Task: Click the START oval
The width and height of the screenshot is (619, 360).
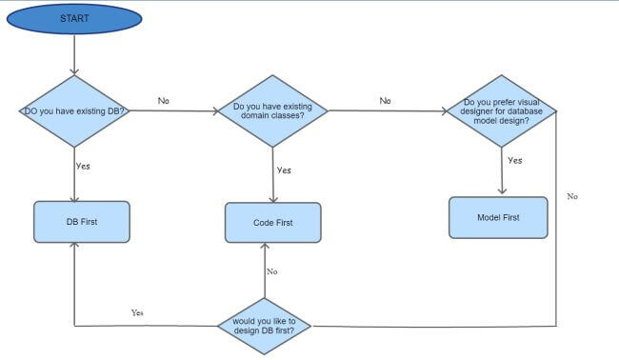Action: coord(74,19)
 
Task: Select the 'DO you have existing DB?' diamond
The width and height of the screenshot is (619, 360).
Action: coord(74,111)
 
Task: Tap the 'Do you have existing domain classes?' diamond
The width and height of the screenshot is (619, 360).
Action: coord(272,111)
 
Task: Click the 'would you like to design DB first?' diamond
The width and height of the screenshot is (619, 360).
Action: coord(264,326)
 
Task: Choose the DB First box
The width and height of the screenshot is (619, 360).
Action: coord(81,221)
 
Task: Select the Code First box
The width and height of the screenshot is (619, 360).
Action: coord(272,223)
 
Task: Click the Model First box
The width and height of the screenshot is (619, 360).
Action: coord(498,217)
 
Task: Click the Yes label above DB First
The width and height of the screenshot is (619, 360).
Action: coord(83,166)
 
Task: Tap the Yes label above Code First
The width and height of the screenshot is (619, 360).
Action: coord(283,170)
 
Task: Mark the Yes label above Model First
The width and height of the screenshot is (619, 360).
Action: coord(514,161)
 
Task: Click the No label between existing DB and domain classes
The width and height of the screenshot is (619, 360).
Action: coord(164,101)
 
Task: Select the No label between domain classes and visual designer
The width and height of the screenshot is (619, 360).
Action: coord(385,101)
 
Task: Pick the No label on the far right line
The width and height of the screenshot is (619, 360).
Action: coord(572,196)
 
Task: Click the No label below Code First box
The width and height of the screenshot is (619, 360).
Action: coord(271,271)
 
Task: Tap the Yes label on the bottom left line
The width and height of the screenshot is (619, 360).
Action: coord(137,312)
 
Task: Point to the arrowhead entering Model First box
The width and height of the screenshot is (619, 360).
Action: coord(502,192)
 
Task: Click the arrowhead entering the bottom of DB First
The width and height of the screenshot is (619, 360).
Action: coord(74,247)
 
